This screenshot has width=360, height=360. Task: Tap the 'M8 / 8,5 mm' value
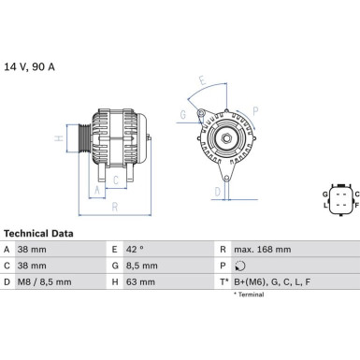47,280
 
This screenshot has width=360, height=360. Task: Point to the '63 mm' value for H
138,280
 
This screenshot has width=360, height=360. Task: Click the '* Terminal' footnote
249,295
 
